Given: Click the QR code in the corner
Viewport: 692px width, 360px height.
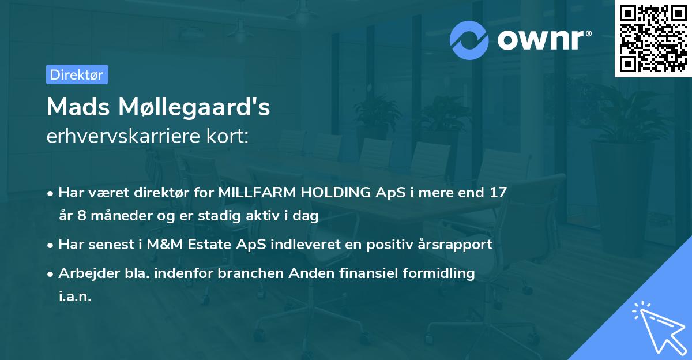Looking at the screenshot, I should click(653, 39).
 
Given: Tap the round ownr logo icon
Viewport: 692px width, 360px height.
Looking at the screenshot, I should click(469, 40).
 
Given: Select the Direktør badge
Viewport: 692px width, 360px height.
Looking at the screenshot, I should click(77, 74).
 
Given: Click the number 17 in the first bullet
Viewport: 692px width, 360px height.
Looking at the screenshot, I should click(498, 193).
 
